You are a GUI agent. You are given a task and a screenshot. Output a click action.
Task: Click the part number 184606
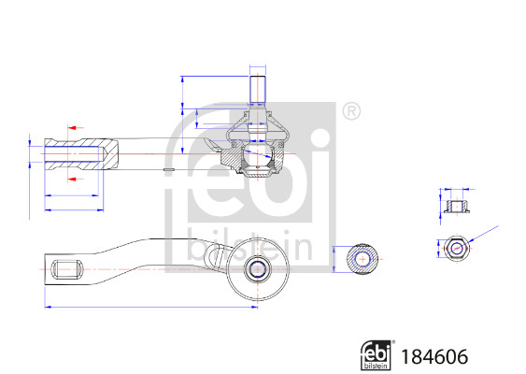click(x=433, y=355)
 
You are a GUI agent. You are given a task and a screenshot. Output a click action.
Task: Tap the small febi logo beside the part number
click(x=377, y=354)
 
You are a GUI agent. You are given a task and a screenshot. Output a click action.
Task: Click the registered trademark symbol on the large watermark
click(x=350, y=111)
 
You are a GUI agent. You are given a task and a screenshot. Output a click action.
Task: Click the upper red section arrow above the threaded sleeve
click(x=73, y=125)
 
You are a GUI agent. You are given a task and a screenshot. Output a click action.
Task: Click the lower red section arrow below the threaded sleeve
click(x=73, y=174)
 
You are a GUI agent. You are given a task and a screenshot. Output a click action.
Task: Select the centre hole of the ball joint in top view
click(x=256, y=269)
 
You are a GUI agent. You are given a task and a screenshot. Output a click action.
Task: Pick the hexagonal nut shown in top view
click(x=457, y=248)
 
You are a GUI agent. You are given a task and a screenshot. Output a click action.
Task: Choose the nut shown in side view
click(x=457, y=207)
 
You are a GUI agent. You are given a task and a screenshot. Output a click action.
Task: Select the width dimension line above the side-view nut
click(x=457, y=189)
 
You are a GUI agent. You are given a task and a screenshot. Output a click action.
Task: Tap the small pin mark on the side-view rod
click(x=169, y=169)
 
